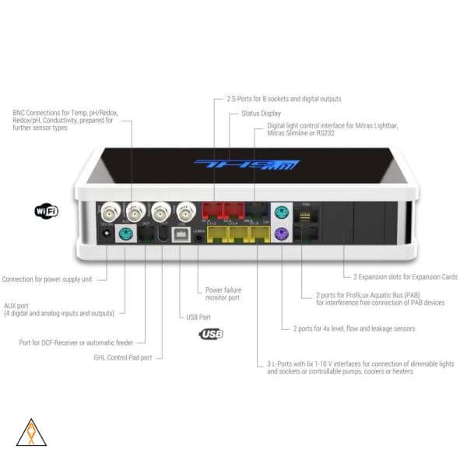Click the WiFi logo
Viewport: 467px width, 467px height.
[x=47, y=210]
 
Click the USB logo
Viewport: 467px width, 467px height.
[x=210, y=334]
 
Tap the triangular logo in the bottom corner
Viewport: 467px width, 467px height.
[x=31, y=433]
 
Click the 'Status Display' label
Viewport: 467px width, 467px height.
[x=261, y=113]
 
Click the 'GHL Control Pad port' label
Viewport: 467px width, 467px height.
[x=121, y=356]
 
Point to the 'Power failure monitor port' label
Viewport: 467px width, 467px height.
[x=223, y=293]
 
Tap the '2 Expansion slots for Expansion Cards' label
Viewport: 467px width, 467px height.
[x=405, y=276]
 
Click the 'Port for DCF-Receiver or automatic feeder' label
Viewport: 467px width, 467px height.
[x=76, y=342]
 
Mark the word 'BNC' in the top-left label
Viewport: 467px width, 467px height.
[x=19, y=113]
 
